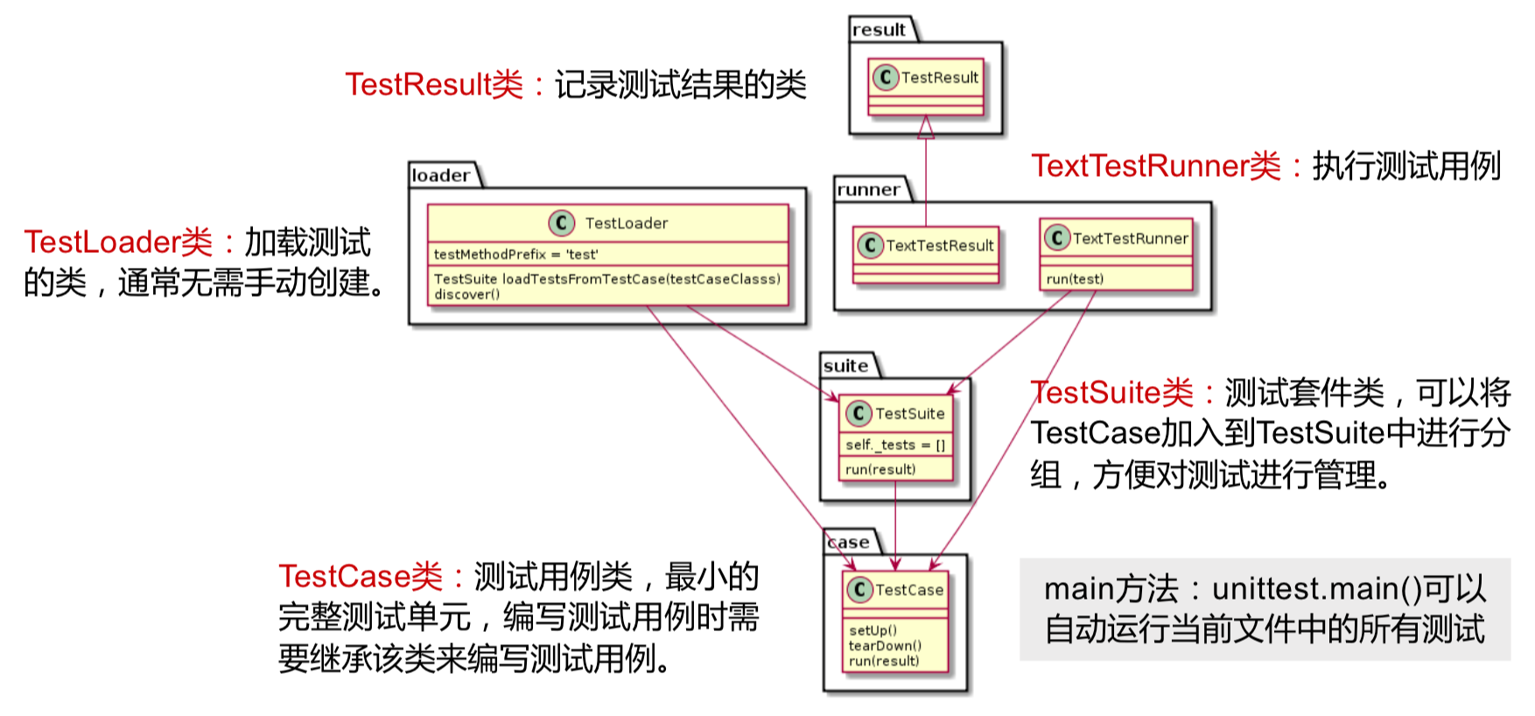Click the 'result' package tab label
879,30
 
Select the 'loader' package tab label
441,175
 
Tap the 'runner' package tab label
868,190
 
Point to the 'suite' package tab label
845,366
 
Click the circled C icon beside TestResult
886,77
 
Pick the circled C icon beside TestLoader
561,223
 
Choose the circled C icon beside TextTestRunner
1057,237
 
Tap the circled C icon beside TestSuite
859,413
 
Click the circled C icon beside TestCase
859,590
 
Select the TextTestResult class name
940,246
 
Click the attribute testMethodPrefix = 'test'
516,255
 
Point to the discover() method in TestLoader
467,294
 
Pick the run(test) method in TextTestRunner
1075,279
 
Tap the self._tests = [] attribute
895,446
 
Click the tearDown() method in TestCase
885,646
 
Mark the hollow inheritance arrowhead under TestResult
926,129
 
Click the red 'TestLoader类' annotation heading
118,242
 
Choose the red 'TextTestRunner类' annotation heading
1156,166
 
